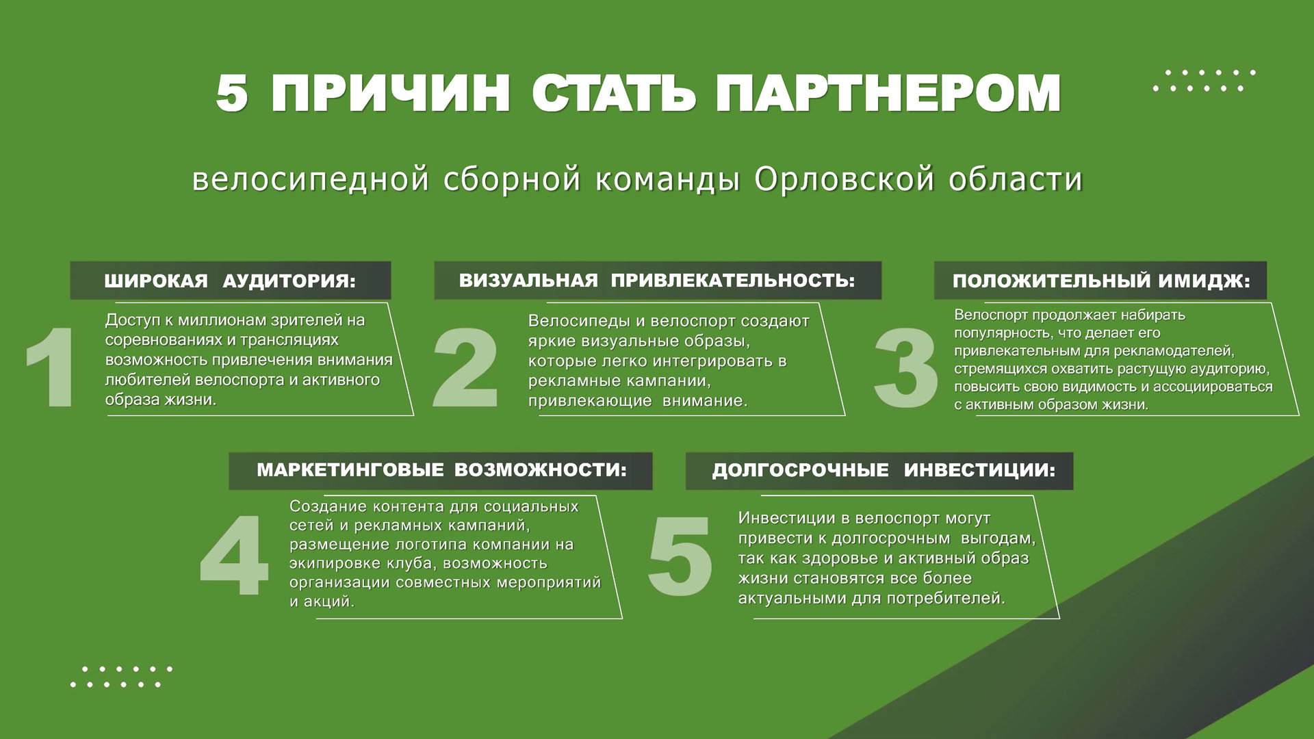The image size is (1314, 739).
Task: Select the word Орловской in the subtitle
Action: (x=845, y=179)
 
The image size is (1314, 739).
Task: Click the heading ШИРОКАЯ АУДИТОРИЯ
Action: (x=230, y=281)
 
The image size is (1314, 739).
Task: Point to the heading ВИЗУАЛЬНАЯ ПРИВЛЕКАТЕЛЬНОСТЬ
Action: (x=657, y=281)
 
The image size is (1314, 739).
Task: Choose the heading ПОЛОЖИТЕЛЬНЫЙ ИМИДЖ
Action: (x=1101, y=281)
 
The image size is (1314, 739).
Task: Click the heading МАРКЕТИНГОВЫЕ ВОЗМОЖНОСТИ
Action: (x=441, y=470)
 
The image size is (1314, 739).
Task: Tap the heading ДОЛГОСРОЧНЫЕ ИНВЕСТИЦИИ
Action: (x=884, y=470)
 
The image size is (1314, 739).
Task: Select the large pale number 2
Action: (x=465, y=368)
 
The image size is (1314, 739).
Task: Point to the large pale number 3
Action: (x=905, y=368)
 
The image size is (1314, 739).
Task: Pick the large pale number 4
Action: (x=233, y=556)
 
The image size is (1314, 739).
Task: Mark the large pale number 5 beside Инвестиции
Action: (x=680, y=556)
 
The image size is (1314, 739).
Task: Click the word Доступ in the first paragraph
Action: (x=133, y=321)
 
